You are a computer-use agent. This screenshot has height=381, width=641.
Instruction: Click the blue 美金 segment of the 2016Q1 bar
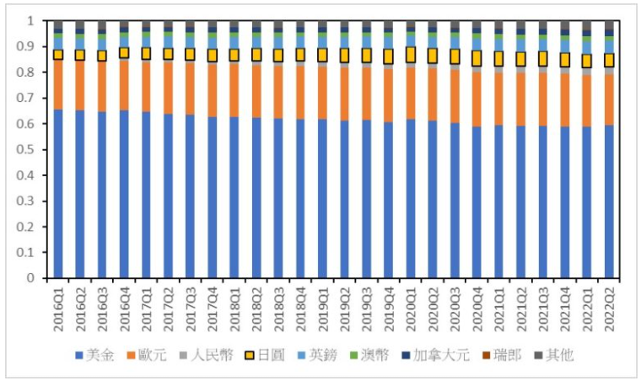pos(58,194)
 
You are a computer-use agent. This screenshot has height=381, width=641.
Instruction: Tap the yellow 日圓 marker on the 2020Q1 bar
pos(411,55)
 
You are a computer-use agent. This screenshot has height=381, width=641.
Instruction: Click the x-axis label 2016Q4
pos(125,307)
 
